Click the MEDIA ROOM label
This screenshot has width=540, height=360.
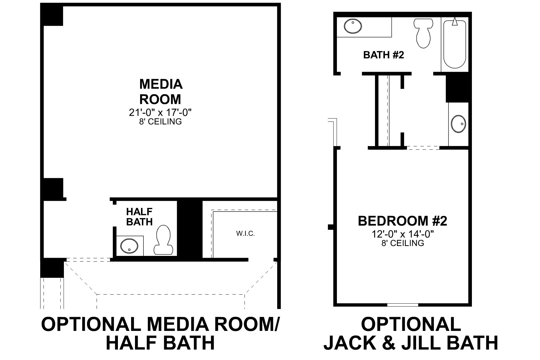pyautogui.click(x=160, y=91)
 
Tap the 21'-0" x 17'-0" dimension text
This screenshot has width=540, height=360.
pyautogui.click(x=160, y=112)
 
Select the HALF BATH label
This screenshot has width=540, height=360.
pyautogui.click(x=139, y=217)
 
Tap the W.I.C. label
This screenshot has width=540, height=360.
pyautogui.click(x=245, y=233)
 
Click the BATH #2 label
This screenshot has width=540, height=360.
pyautogui.click(x=383, y=55)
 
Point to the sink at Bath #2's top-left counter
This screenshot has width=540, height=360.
pyautogui.click(x=352, y=26)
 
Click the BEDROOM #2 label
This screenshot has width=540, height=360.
pyautogui.click(x=402, y=221)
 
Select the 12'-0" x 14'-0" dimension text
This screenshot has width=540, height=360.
pyautogui.click(x=403, y=234)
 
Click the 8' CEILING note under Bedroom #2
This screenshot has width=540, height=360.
pyautogui.click(x=403, y=243)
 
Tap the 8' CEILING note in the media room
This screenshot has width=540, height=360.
pyautogui.click(x=160, y=121)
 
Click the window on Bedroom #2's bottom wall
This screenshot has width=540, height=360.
pyautogui.click(x=402, y=305)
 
